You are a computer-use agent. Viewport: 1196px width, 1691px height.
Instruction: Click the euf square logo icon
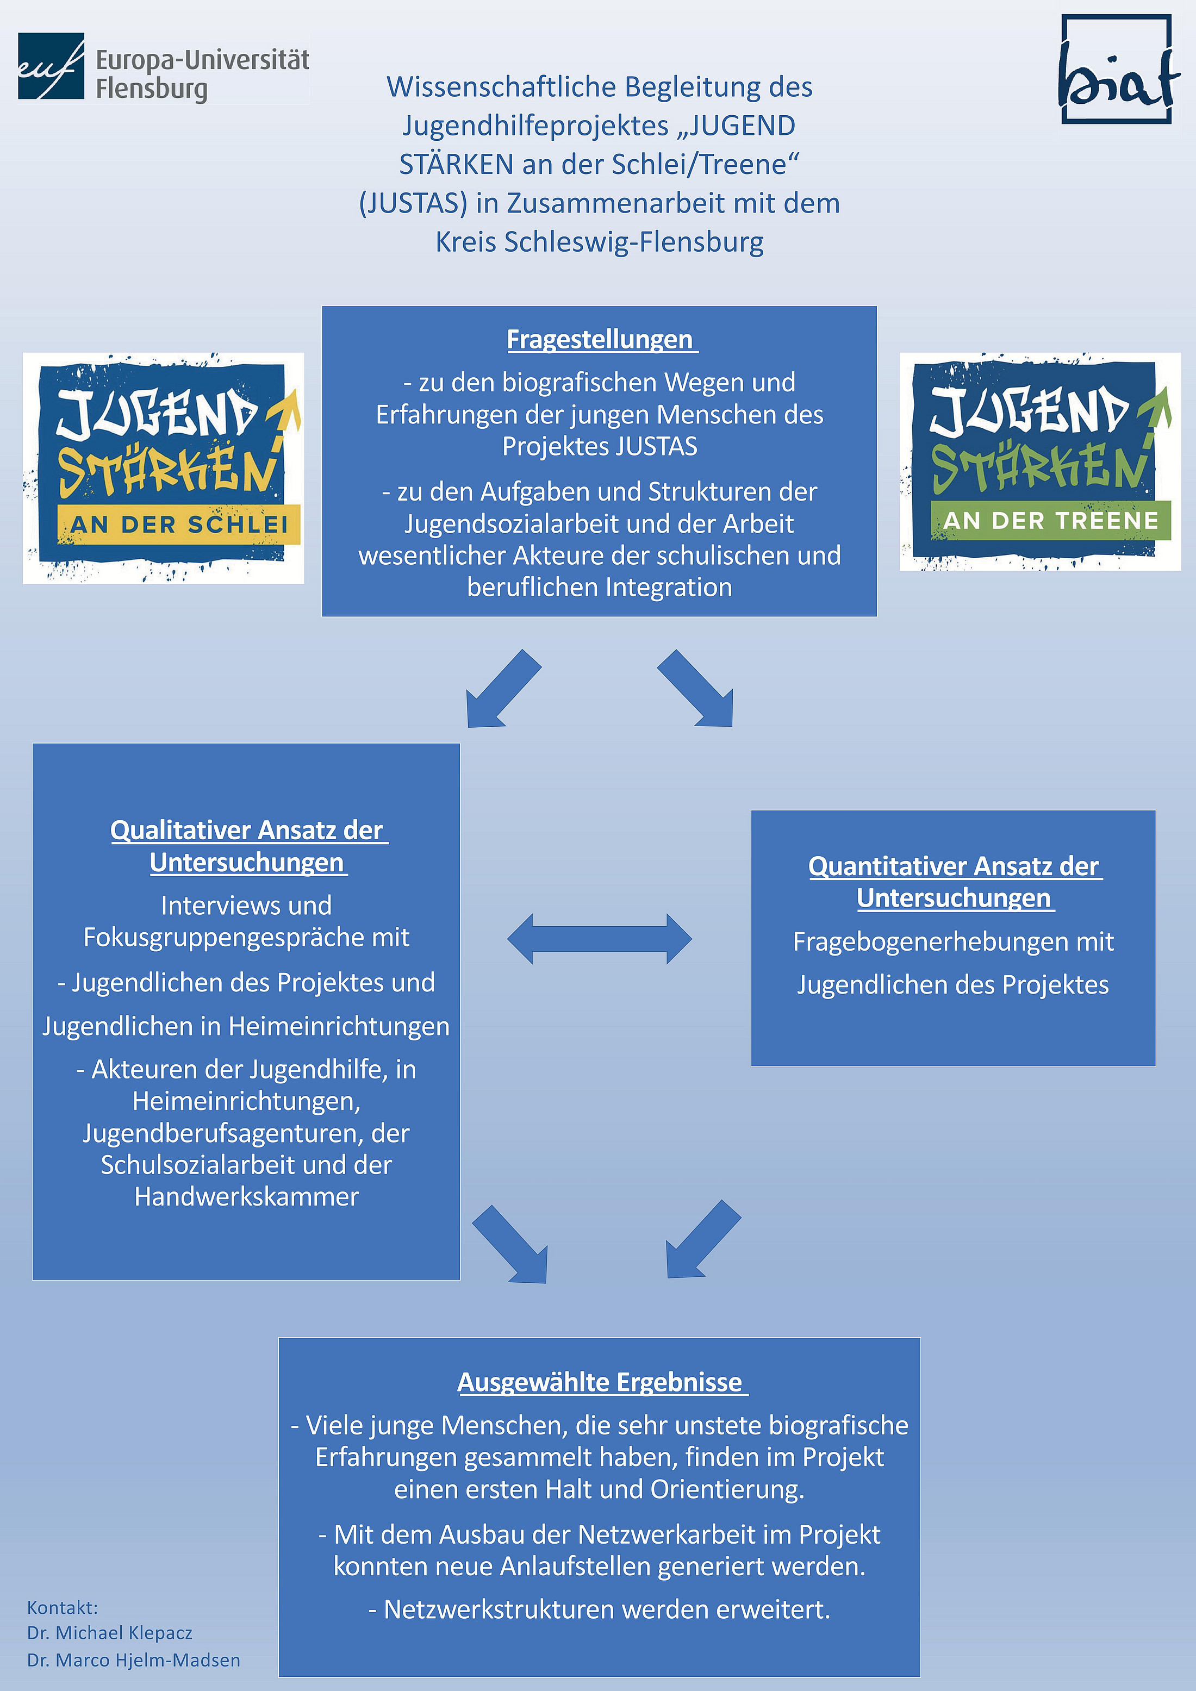[51, 66]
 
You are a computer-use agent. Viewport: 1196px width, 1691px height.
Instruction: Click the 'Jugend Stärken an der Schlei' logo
[164, 469]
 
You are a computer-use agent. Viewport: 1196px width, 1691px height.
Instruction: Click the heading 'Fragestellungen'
[600, 340]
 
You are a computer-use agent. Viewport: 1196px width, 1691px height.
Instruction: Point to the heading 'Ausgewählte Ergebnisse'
[600, 1382]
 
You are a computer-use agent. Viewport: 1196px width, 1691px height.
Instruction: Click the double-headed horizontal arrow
[600, 939]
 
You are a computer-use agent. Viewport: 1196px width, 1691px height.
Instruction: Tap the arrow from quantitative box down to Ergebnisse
[702, 1240]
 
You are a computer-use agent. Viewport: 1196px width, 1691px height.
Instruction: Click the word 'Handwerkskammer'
[247, 1197]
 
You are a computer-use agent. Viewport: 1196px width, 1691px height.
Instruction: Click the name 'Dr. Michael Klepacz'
[110, 1633]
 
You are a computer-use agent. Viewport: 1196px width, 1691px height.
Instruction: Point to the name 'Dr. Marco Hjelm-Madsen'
[133, 1660]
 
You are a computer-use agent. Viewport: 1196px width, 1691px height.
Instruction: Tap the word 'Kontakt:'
[63, 1607]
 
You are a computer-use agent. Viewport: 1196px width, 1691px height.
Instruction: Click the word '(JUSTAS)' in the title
[413, 203]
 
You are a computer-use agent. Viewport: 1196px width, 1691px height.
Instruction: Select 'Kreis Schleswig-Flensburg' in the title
[600, 242]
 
